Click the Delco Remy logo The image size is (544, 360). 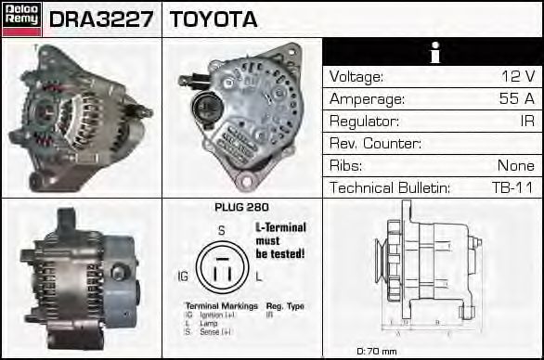(x=21, y=19)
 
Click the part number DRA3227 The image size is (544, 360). (x=101, y=19)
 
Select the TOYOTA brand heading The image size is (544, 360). (x=214, y=19)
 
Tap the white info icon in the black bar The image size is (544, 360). (x=433, y=53)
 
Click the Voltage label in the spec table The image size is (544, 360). (x=356, y=77)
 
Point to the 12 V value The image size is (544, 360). (x=517, y=77)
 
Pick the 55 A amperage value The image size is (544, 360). (x=517, y=99)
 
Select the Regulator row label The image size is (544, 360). (x=365, y=122)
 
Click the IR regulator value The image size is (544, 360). (x=526, y=122)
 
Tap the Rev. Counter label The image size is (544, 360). (x=375, y=144)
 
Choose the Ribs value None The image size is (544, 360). (x=516, y=166)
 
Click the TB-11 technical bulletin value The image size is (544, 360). (x=512, y=188)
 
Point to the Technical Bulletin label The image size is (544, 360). (x=390, y=188)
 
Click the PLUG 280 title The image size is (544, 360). (x=241, y=209)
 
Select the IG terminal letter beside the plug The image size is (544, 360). (x=184, y=276)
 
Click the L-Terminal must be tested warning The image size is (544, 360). (x=280, y=240)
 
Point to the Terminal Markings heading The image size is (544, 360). (x=220, y=305)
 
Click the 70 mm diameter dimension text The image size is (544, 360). (x=377, y=352)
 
